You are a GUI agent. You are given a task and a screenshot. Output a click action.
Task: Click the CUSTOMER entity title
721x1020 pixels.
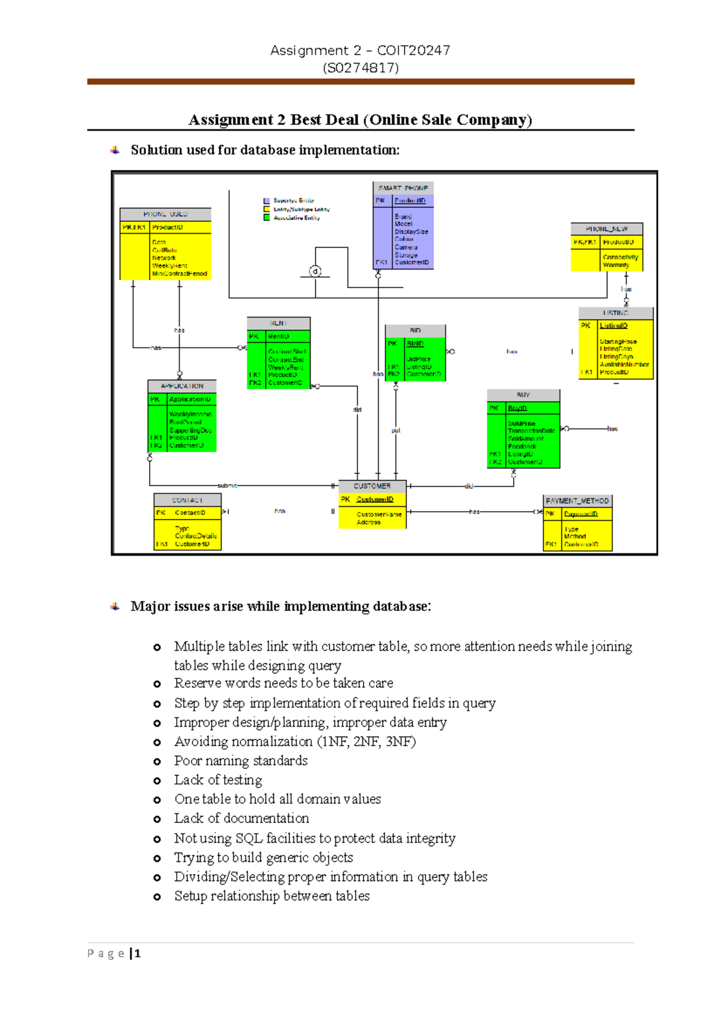[x=372, y=486]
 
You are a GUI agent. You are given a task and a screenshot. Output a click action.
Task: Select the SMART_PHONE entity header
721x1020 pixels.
[x=403, y=188]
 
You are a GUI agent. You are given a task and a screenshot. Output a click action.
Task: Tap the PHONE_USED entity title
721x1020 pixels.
[x=165, y=214]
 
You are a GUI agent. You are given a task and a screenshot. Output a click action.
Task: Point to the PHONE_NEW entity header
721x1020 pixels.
[x=606, y=229]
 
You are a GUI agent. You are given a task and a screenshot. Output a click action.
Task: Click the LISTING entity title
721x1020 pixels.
[x=615, y=313]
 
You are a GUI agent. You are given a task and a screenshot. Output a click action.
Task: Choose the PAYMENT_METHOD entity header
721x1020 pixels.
[x=577, y=500]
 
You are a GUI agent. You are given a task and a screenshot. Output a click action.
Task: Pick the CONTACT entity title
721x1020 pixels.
[x=187, y=500]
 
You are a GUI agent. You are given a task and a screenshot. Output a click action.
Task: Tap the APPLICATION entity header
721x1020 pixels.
[x=182, y=386]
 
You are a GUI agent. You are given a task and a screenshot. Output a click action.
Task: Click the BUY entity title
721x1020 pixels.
[x=523, y=395]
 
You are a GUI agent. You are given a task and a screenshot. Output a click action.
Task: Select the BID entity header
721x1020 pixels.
[x=415, y=330]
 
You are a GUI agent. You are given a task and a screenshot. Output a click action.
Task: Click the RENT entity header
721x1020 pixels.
[x=278, y=323]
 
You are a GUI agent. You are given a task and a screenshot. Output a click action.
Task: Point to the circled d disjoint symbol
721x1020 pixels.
[x=315, y=272]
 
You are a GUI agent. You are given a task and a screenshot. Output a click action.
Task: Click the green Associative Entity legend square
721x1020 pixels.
[x=267, y=217]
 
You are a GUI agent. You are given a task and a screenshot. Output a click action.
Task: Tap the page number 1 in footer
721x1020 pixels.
[x=138, y=953]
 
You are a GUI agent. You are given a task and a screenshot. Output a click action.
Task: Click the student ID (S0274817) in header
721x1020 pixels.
[x=360, y=67]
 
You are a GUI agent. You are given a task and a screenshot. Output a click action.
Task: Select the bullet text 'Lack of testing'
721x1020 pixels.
[x=218, y=780]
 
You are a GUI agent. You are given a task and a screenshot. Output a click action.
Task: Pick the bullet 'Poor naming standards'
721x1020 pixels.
[x=241, y=760]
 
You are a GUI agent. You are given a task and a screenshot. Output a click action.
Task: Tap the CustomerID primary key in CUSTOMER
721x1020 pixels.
[x=375, y=499]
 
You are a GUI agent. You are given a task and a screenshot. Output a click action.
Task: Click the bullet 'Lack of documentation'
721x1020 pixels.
[x=242, y=818]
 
